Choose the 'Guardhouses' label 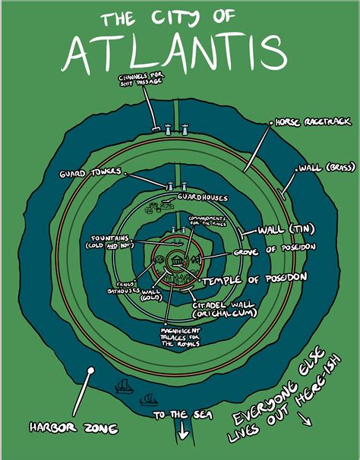(203, 197)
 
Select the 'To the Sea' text (183, 415)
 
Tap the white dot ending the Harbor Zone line (90, 373)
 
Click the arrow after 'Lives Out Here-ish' (311, 420)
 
